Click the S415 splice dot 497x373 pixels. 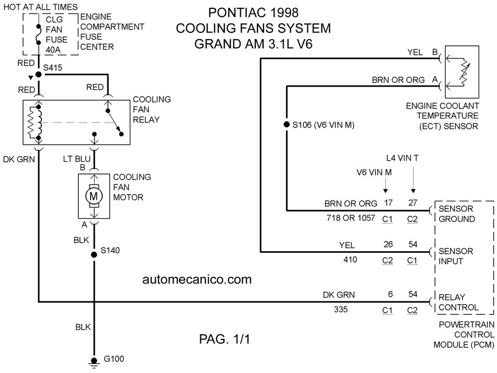click(x=39, y=74)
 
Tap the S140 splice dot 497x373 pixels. click(x=94, y=254)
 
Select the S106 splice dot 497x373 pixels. click(x=287, y=125)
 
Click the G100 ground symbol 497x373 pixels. click(x=94, y=363)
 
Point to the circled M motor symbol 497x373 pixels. click(x=94, y=196)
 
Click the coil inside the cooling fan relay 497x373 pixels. click(x=34, y=123)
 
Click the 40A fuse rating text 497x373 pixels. click(x=53, y=50)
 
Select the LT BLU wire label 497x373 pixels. click(x=77, y=159)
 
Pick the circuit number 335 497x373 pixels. click(x=341, y=309)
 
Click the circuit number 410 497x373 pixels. click(x=350, y=259)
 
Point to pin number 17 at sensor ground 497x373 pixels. click(x=388, y=202)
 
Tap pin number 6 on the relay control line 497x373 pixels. click(x=391, y=294)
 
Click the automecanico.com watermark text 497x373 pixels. click(x=197, y=279)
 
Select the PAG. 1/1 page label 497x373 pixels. click(x=224, y=339)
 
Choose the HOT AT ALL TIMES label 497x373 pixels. click(x=40, y=7)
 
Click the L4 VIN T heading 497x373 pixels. click(x=402, y=158)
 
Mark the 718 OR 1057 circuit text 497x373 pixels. click(x=351, y=218)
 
